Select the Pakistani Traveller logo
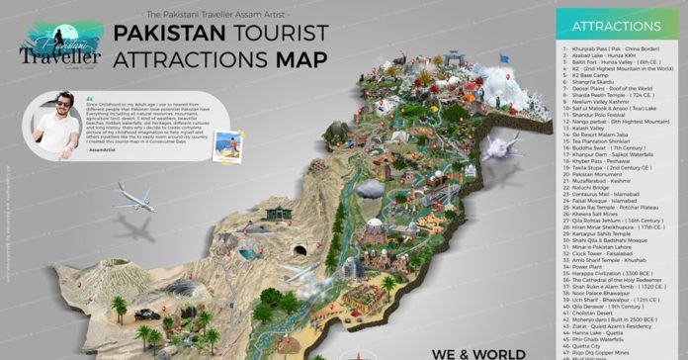pos(61,45)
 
